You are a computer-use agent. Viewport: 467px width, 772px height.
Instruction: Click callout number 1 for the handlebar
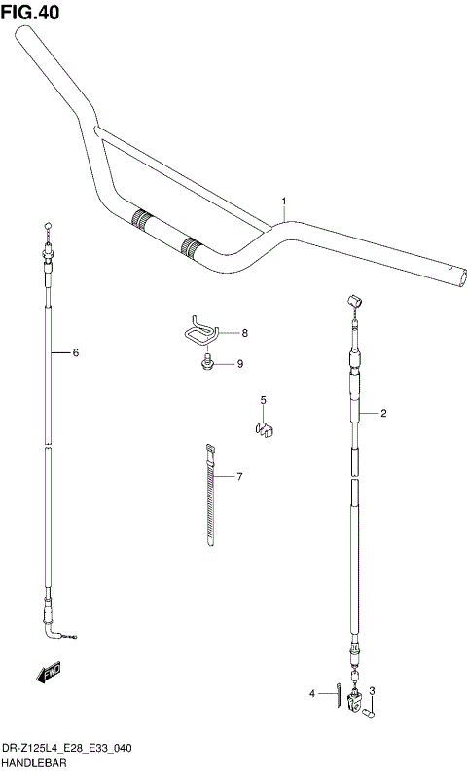283,202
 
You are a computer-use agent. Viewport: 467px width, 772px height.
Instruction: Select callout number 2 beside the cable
384,414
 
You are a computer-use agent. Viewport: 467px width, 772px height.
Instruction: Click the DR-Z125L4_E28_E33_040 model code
67,748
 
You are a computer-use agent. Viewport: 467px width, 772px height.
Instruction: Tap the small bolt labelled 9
206,365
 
